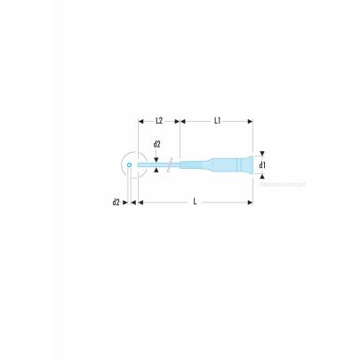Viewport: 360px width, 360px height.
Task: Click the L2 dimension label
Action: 158,119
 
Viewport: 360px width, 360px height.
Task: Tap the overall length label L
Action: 195,202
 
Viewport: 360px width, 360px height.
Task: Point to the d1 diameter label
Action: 262,164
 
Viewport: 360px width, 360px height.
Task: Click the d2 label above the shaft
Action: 156,144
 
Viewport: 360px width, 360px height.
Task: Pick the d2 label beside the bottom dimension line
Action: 116,202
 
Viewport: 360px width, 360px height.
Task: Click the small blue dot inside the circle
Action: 129,164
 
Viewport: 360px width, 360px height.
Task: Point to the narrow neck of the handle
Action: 197,164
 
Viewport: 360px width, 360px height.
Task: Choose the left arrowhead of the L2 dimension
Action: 140,119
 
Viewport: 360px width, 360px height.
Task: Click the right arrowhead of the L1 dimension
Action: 251,119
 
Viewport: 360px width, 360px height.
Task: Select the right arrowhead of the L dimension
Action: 251,202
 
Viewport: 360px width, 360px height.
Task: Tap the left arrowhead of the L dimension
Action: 139,202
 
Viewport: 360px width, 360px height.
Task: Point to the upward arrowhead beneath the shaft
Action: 156,172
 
